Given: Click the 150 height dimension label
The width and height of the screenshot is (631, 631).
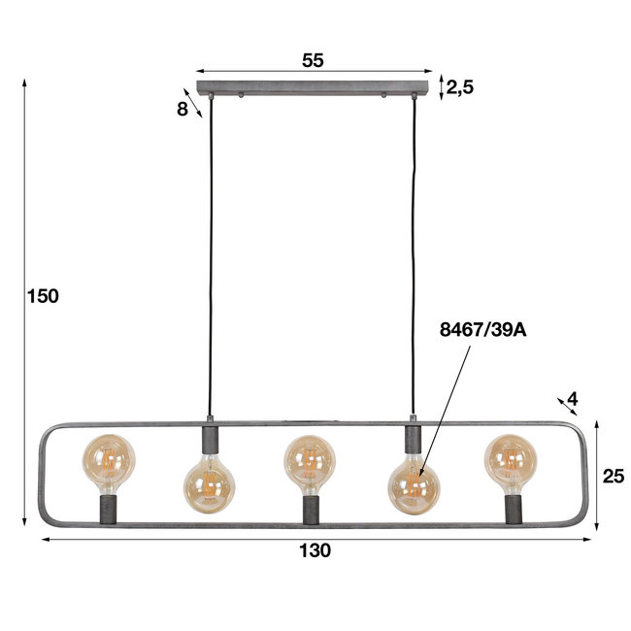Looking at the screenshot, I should pos(44,297).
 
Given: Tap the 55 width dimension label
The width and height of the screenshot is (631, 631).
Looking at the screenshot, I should pos(313,60).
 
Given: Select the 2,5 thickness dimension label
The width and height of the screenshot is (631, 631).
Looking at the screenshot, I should pos(460,87).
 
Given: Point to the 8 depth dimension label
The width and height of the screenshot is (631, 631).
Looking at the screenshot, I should pos(183,110).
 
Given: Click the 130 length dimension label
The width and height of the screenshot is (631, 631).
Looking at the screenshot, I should pos(315,551).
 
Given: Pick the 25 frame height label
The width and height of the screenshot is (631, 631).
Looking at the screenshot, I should pos(614,476).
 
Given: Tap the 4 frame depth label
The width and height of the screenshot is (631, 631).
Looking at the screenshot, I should pos(573,399).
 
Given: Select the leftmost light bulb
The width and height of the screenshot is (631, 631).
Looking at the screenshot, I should pos(108,460).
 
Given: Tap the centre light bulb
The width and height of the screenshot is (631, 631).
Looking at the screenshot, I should pos(310,460).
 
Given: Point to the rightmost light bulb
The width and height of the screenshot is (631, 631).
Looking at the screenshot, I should pos(511,460).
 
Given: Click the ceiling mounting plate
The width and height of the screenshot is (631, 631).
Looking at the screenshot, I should pos(313,88).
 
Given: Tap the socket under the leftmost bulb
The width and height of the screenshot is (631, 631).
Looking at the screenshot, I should pos(109,508).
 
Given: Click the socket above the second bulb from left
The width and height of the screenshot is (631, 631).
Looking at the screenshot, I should pos(209,438).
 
